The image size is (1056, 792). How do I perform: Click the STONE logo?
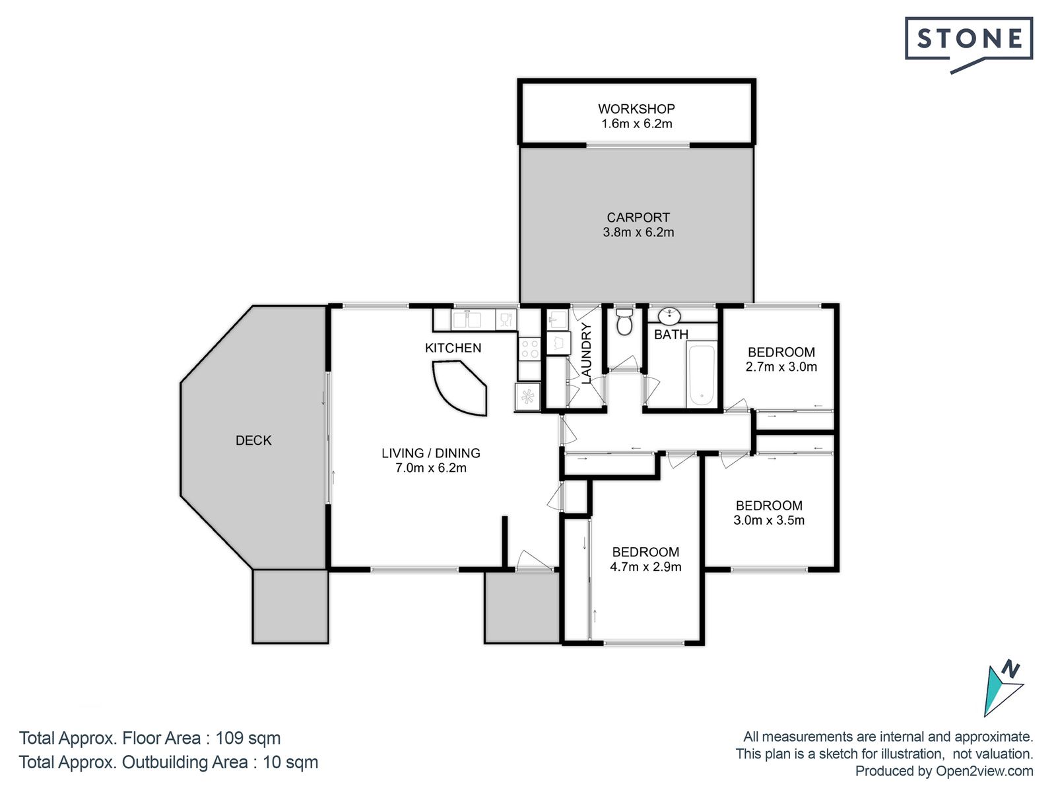click(968, 44)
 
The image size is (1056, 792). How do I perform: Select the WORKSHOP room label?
click(636, 109)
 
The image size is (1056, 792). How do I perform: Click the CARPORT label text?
click(638, 217)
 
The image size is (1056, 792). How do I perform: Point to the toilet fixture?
click(624, 321)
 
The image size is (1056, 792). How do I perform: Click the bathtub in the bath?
click(702, 374)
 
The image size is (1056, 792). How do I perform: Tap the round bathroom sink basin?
click(669, 316)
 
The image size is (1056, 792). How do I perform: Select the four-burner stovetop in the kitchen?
click(529, 348)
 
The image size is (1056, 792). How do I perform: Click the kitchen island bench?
click(460, 388)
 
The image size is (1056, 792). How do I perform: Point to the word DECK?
click(253, 440)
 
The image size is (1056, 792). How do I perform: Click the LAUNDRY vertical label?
click(586, 353)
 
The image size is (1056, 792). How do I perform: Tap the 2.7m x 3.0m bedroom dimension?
click(781, 367)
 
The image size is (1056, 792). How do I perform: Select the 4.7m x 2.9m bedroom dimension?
click(645, 567)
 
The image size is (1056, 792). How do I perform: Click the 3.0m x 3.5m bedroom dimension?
click(769, 520)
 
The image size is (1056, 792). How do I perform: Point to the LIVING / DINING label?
click(430, 453)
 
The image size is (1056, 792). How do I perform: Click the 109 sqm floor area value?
click(247, 738)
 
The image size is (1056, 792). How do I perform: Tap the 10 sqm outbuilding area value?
click(290, 762)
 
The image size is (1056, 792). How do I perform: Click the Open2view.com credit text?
click(984, 772)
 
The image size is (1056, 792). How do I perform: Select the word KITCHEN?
click(453, 348)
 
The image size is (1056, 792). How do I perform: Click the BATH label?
click(671, 335)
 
